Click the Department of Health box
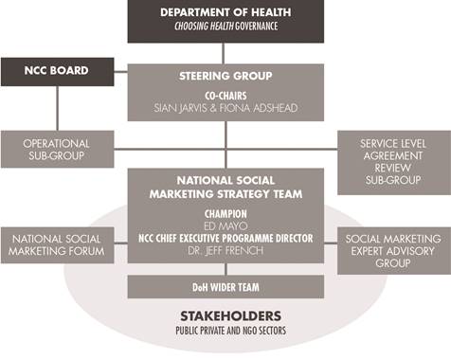click(x=225, y=21)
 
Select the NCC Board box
click(x=57, y=70)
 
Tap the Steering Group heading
click(x=225, y=75)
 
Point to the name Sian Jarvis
click(x=188, y=109)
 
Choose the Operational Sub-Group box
click(x=56, y=151)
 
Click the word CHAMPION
click(x=225, y=215)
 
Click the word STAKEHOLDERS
click(x=225, y=316)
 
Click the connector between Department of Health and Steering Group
click(x=225, y=52)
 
